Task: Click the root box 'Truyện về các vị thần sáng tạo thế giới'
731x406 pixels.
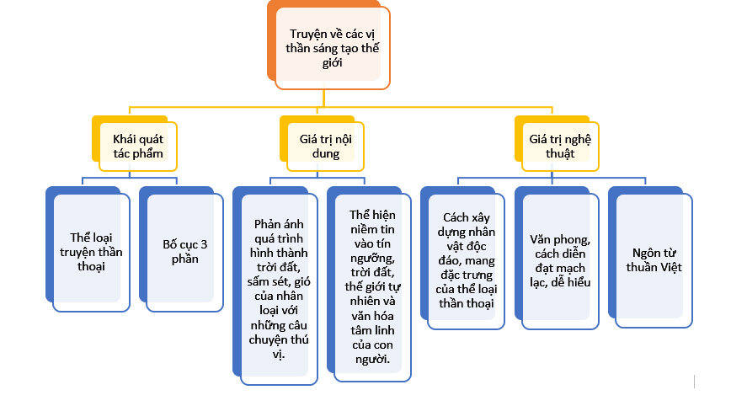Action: pyautogui.click(x=333, y=48)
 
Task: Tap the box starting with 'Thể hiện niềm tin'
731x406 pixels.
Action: pyautogui.click(x=373, y=286)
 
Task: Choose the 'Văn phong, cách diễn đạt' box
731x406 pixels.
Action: pyautogui.click(x=560, y=260)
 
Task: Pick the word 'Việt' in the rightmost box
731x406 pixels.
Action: pyautogui.click(x=670, y=267)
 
